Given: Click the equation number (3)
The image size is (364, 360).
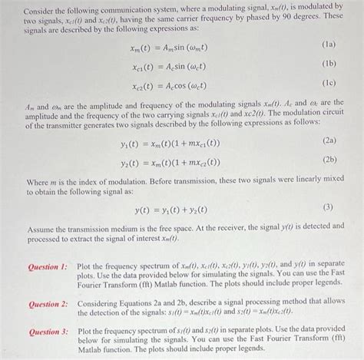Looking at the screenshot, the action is (x=329, y=207).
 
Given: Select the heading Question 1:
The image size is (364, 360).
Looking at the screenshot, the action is (x=48, y=266).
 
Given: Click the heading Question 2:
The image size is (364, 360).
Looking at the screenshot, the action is (x=48, y=303).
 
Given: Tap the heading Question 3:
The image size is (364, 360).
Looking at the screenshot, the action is (x=48, y=332).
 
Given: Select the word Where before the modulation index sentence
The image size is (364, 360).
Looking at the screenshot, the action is (x=38, y=182).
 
